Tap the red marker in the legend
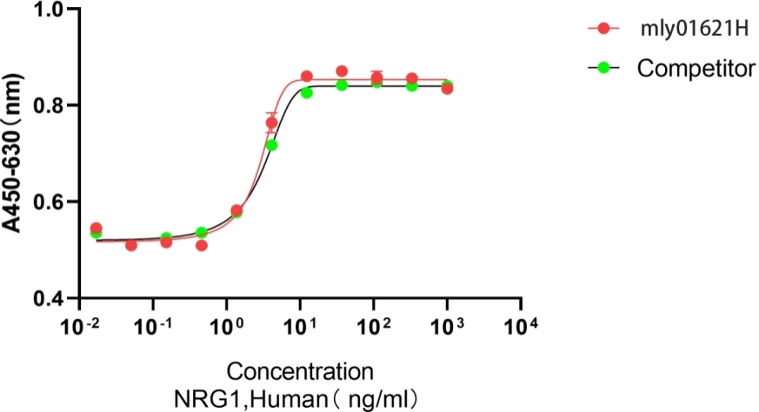[x=603, y=30]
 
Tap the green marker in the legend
[x=603, y=68]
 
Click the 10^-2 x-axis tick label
[x=80, y=329]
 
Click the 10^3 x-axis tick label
[x=448, y=329]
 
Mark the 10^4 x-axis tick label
[x=522, y=329]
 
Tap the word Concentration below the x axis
[x=299, y=372]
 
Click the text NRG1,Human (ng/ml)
[x=299, y=398]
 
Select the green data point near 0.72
[x=272, y=145]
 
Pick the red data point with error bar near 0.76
[x=271, y=123]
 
